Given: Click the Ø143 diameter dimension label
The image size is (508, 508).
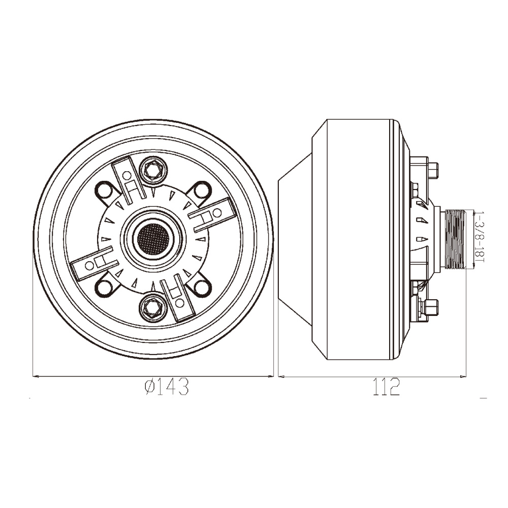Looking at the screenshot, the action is (167, 387).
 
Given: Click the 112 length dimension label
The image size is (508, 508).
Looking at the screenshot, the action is (386, 387).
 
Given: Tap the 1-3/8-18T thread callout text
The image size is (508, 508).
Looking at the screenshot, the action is (479, 237).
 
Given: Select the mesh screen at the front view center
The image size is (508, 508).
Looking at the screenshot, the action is (153, 239).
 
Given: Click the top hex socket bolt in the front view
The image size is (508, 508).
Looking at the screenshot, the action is (153, 170).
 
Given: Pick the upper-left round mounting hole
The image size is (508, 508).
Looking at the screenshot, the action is (104, 190).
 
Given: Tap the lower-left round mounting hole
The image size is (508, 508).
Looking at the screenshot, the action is (104, 288).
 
